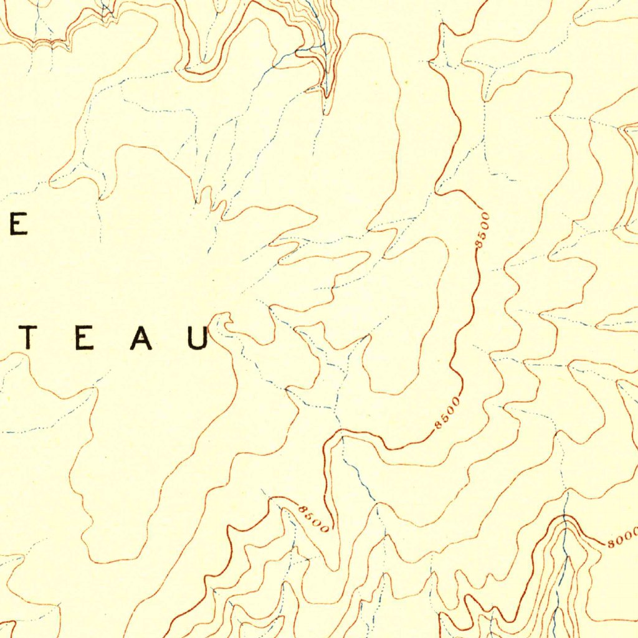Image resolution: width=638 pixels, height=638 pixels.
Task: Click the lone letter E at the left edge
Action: coord(17,224)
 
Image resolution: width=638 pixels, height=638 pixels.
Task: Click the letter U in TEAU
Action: coord(199,338)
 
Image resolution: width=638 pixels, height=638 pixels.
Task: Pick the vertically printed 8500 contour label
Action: coord(483,231)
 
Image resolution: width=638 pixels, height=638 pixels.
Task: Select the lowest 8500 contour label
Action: coord(313,518)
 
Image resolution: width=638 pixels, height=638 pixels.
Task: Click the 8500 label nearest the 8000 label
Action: coord(448,412)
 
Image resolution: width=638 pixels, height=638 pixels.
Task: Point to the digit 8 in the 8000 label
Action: coord(612,543)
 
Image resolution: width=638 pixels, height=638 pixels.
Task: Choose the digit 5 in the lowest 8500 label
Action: coord(310,516)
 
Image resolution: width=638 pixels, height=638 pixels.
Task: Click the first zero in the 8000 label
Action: coord(619,540)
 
